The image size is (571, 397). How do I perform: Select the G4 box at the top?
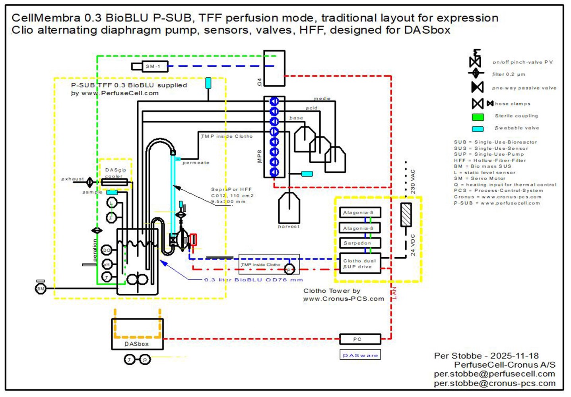tap(274, 68)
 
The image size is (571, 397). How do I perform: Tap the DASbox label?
tap(137, 344)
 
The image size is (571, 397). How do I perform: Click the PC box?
tap(360, 339)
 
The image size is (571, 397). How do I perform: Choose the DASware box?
tap(360, 355)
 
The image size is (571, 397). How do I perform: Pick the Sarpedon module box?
tap(360, 243)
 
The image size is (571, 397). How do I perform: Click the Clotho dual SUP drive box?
tap(360, 264)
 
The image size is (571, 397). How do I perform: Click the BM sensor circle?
tap(41, 289)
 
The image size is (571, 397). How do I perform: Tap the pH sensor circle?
tap(107, 264)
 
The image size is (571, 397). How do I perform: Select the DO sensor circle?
tap(107, 250)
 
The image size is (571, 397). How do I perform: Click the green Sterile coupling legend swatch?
tap(478, 117)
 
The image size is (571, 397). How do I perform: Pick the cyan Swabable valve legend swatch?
tap(478, 129)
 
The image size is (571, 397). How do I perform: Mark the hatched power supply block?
tap(406, 215)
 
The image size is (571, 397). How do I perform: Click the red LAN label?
tap(394, 293)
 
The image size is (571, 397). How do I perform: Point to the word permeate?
tap(196, 163)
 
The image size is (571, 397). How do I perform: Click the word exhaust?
tap(72, 179)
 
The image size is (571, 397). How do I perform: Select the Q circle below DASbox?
tap(145, 360)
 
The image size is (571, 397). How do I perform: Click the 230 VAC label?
tap(413, 182)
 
